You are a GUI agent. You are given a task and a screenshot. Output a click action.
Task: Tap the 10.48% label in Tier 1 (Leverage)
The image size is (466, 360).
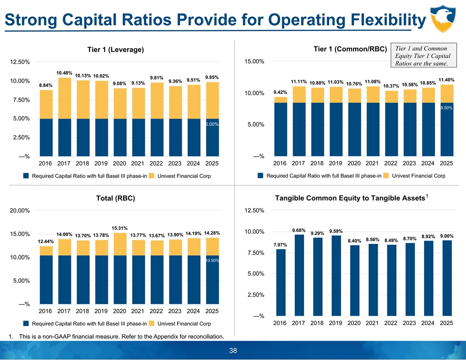[64, 73]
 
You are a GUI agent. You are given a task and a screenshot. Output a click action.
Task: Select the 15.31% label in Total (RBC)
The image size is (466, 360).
[120, 228]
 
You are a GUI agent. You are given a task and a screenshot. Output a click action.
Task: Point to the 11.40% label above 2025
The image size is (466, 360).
[447, 80]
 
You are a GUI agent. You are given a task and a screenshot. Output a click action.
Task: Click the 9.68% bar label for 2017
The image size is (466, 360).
[299, 230]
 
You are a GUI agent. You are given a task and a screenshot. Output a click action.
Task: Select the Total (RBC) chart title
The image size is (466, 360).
[116, 199]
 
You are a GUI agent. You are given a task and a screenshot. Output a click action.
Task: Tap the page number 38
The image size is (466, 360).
[233, 351]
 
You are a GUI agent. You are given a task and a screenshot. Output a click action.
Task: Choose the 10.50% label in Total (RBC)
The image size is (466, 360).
[212, 261]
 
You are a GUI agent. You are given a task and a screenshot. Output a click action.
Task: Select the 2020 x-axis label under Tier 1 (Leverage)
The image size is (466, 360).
[120, 164]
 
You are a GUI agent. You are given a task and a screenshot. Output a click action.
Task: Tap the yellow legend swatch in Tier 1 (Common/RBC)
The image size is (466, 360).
[386, 176]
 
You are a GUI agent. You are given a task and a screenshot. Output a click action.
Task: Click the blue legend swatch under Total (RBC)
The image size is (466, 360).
[26, 324]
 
